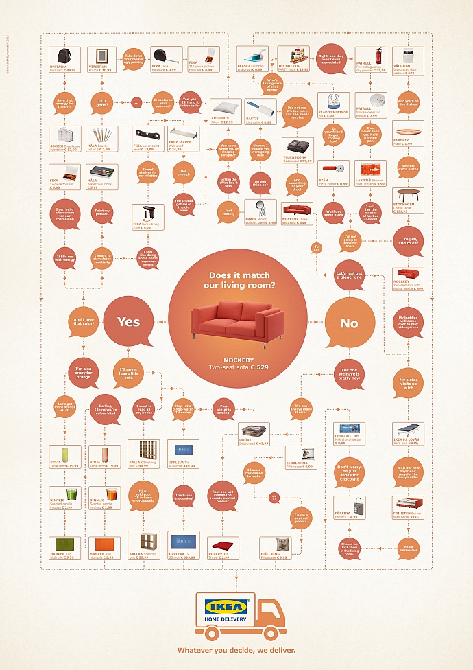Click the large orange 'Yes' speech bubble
128,321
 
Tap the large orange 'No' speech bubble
349,323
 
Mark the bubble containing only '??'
274,498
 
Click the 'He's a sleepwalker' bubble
409,547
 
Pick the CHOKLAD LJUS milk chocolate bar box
349,434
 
